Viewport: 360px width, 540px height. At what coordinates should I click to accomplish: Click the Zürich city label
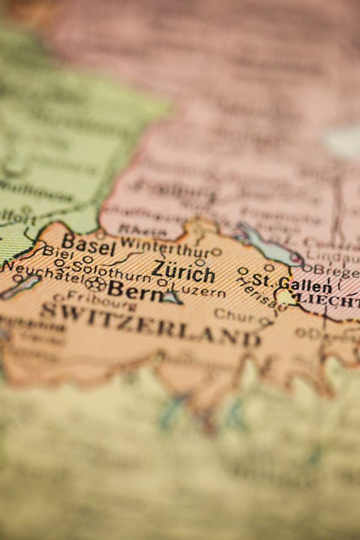(183, 272)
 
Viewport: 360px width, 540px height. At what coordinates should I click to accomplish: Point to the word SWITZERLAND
(150, 325)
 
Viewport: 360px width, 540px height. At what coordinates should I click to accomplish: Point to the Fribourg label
(99, 301)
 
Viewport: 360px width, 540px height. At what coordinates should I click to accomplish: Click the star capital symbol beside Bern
(95, 284)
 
